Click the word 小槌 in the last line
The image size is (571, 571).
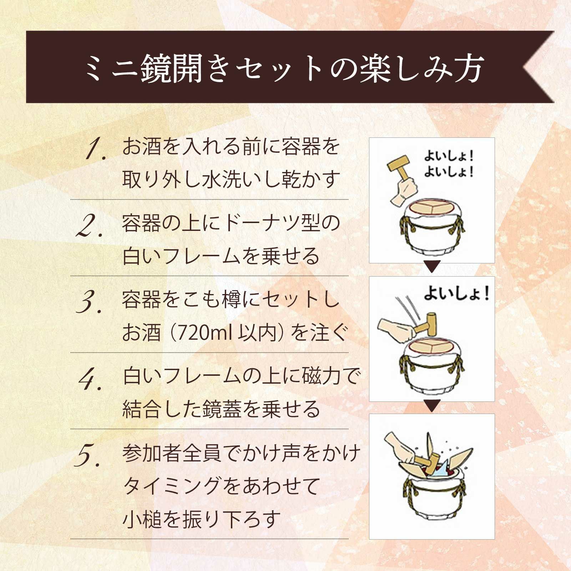[x=142, y=519]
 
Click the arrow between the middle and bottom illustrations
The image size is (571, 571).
[x=432, y=406]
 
